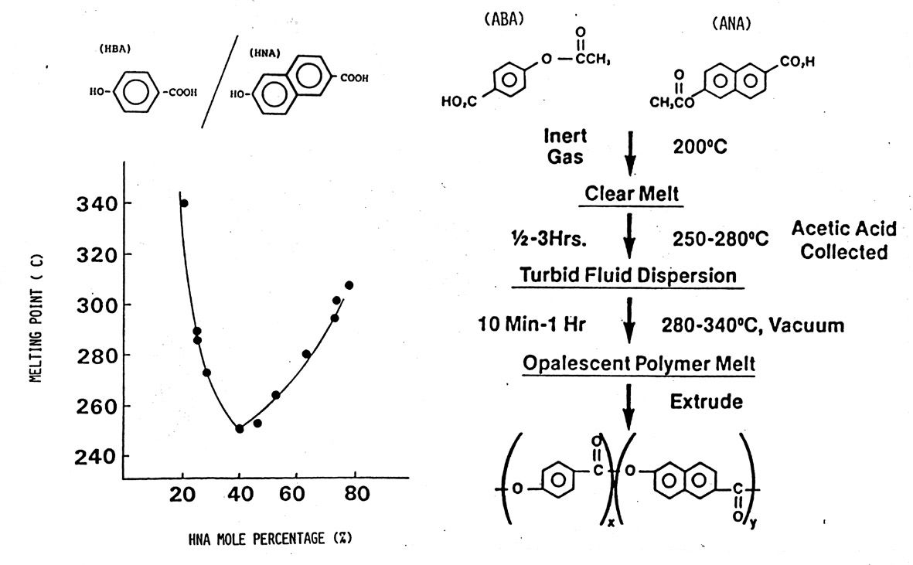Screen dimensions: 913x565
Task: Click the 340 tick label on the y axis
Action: [x=97, y=203]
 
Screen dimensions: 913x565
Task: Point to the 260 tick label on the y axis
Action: [x=97, y=406]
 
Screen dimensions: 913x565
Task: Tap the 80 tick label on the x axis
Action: [x=356, y=494]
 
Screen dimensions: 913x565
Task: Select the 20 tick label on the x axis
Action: [x=182, y=494]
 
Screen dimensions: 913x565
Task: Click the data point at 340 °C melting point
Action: [x=185, y=203]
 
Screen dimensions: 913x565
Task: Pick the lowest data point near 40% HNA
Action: [x=240, y=429]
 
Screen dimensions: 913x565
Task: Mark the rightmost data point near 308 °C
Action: [x=349, y=285]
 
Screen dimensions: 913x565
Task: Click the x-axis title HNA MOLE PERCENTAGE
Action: [x=270, y=539]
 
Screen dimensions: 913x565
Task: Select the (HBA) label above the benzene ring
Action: [x=114, y=49]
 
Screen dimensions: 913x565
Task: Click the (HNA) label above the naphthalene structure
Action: [x=265, y=53]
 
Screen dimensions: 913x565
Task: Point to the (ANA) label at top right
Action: [x=731, y=24]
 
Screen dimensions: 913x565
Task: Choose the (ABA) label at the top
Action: [x=504, y=19]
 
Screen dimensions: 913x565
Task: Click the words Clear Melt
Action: [x=632, y=193]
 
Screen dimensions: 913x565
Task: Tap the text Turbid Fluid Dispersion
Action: [x=628, y=274]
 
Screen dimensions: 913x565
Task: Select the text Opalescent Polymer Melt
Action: [x=639, y=363]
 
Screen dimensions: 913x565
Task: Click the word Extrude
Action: [x=707, y=401]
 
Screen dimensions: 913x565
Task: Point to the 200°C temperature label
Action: [x=700, y=147]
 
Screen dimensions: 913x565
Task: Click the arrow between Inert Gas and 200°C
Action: [x=630, y=153]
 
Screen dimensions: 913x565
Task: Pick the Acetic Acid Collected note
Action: [x=843, y=240]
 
